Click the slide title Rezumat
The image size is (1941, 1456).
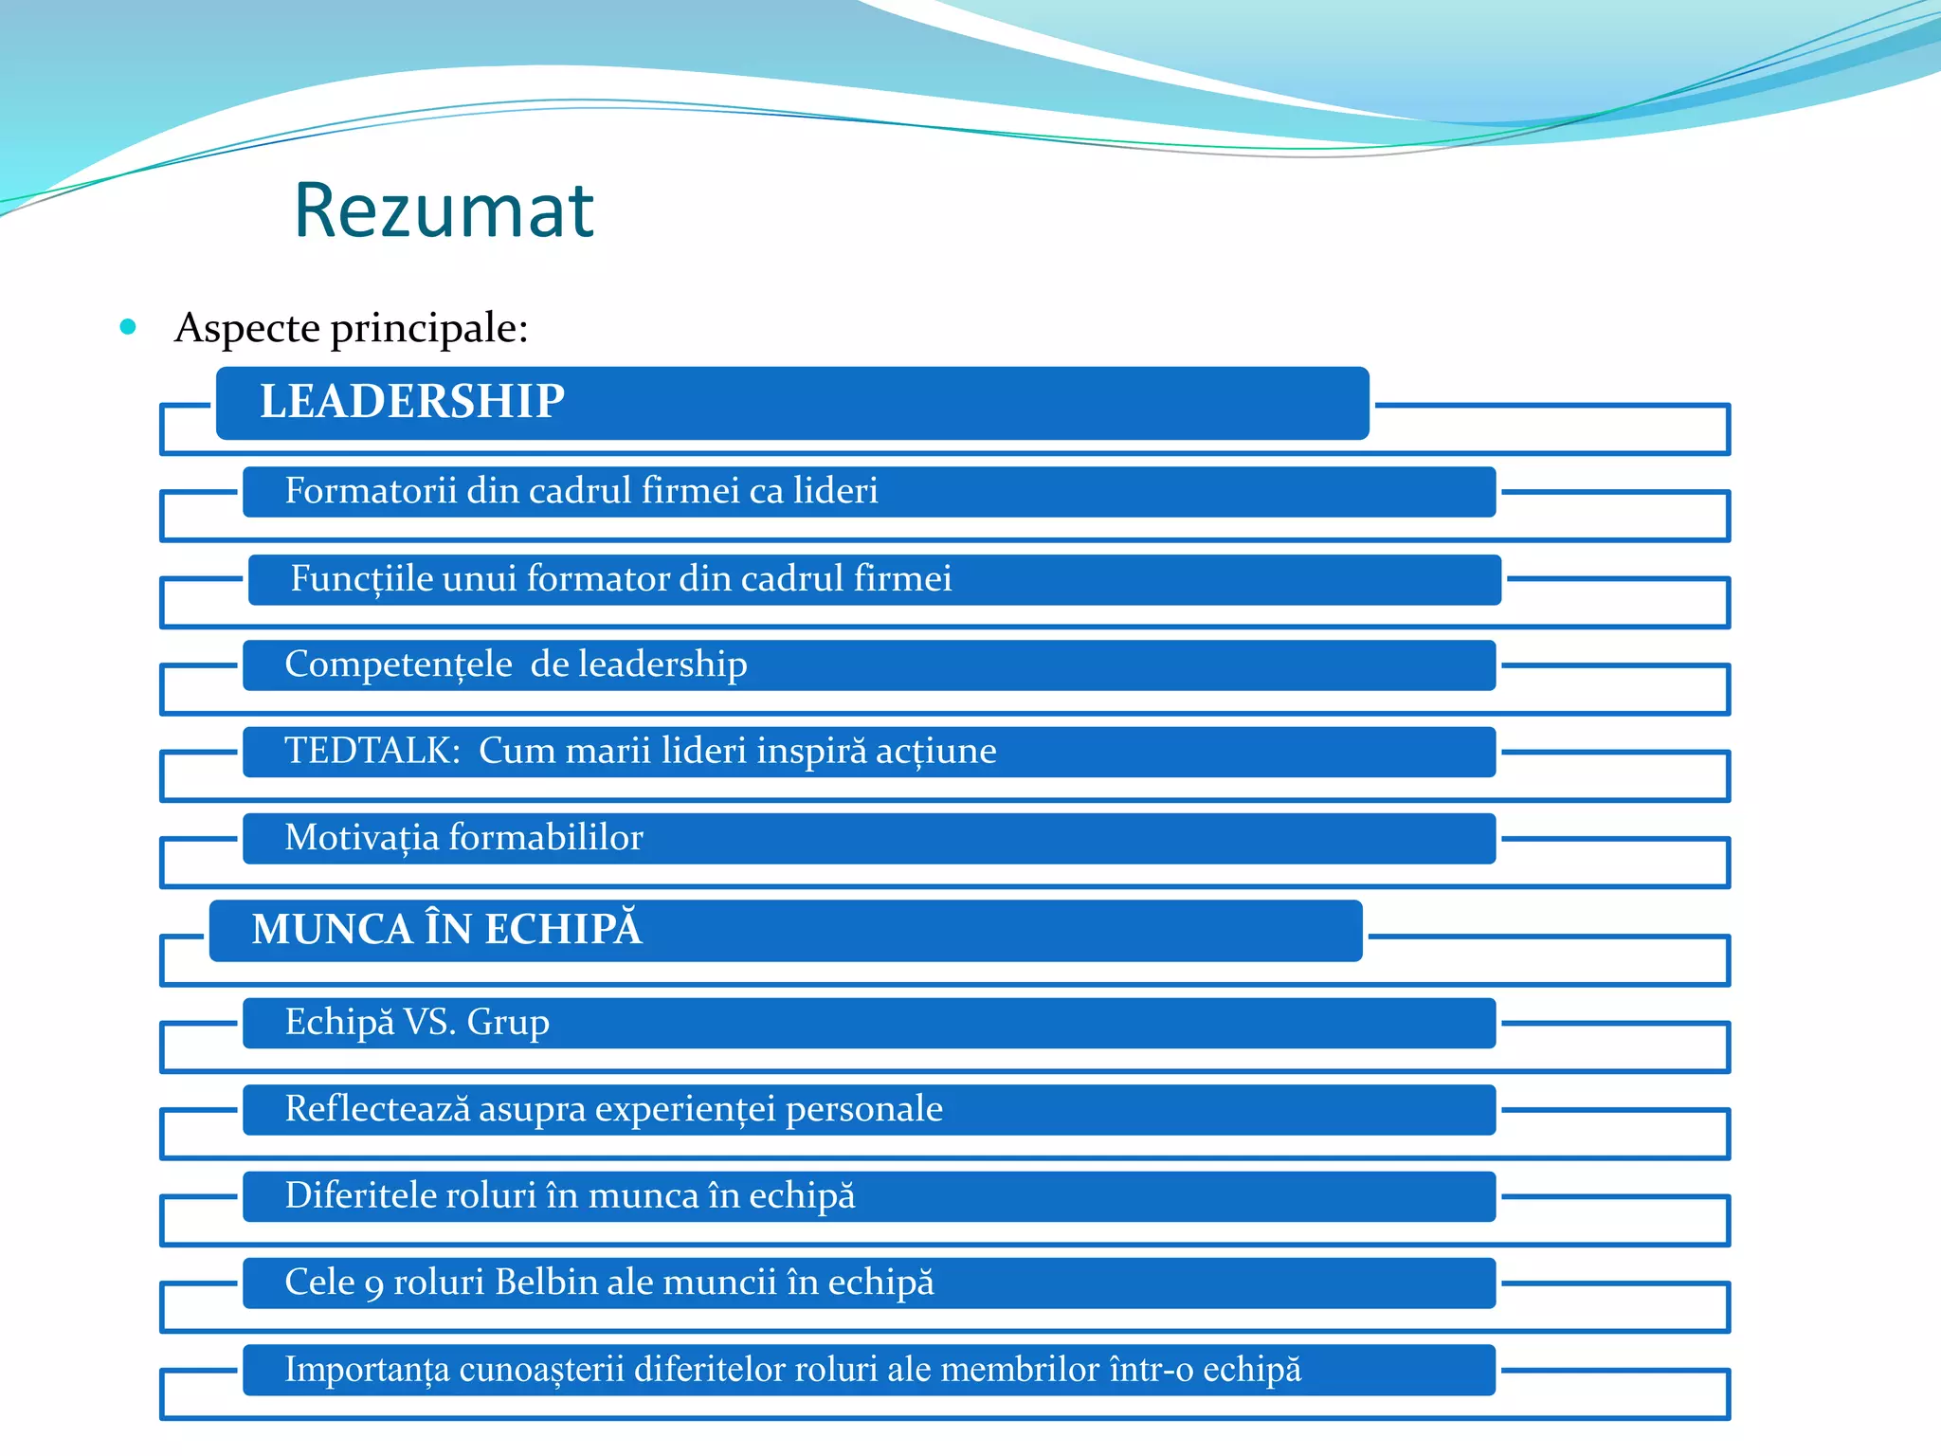pos(444,210)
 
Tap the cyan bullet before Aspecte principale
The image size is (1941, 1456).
pos(128,328)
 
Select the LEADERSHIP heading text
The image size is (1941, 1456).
pos(412,401)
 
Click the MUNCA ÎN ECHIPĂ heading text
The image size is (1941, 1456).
pos(446,929)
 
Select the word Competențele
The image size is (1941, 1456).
pos(398,664)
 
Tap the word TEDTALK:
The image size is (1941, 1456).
pos(372,751)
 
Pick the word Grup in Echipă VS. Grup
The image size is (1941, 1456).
pos(508,1023)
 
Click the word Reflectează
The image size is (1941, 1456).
pos(377,1109)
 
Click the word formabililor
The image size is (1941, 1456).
pos(546,838)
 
